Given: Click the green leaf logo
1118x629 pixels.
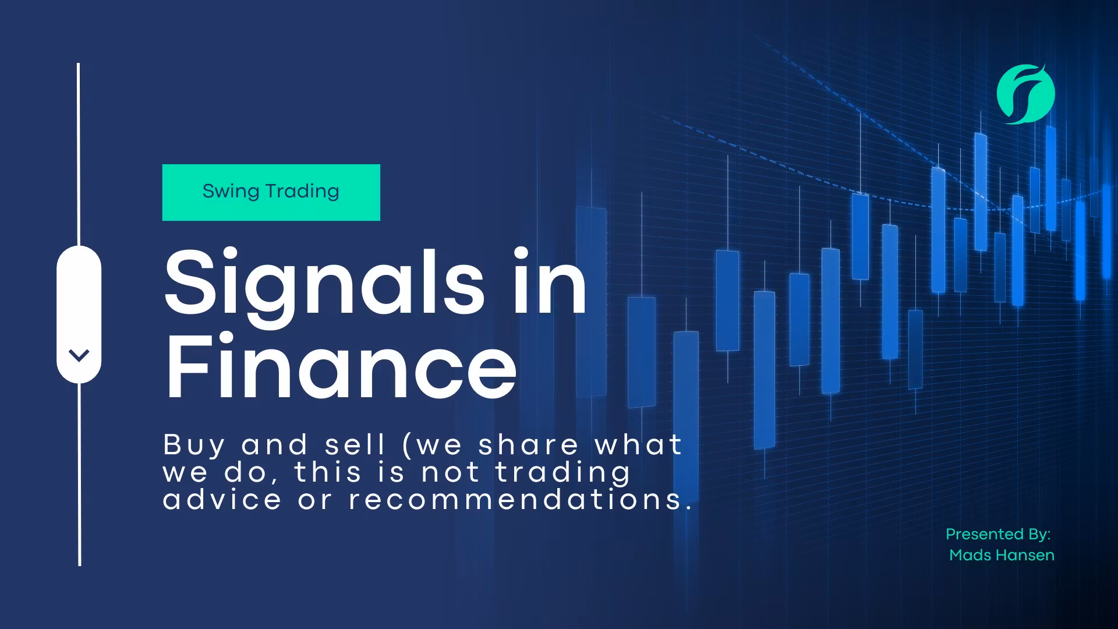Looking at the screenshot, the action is click(x=1025, y=94).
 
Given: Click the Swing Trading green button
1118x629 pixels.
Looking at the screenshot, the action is click(x=271, y=193).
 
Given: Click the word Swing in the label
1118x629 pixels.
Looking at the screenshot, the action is click(x=231, y=192).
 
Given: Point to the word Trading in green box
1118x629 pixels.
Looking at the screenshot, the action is click(x=302, y=192).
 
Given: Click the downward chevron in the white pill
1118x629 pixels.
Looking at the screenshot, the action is click(x=79, y=355).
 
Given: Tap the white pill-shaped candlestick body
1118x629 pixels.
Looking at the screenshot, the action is click(x=79, y=314).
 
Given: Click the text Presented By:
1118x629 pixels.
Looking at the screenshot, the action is click(x=998, y=534).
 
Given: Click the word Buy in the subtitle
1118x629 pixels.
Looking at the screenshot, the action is click(x=193, y=446).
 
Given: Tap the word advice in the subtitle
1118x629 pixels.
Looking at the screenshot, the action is click(x=222, y=500).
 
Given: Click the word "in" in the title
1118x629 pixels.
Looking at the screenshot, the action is click(x=550, y=281).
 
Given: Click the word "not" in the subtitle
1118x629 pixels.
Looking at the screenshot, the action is click(x=450, y=472).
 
